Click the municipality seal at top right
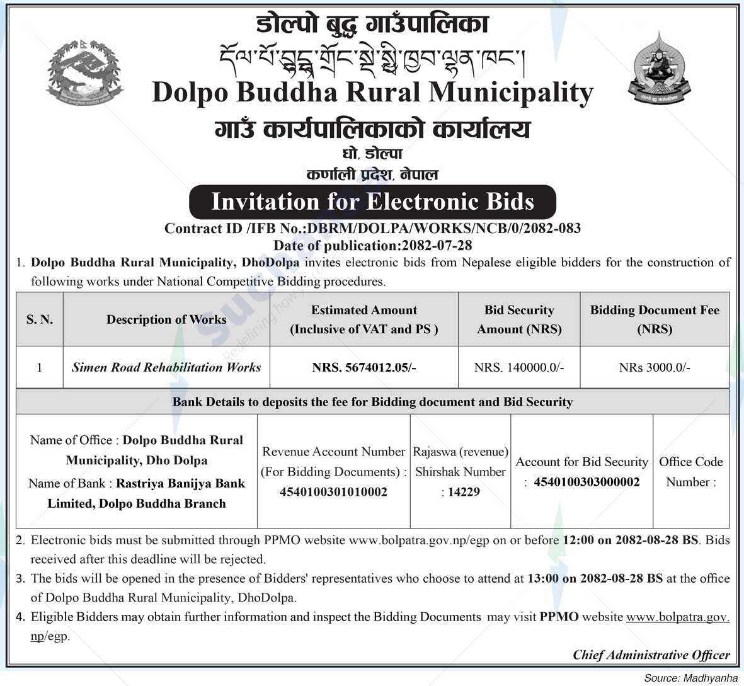click(x=658, y=67)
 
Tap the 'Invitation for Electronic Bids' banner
click(x=372, y=202)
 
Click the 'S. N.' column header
click(x=39, y=319)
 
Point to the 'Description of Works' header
click(x=166, y=319)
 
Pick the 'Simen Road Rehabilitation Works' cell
click(x=166, y=367)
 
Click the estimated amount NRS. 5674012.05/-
click(x=364, y=367)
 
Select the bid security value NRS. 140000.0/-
click(x=519, y=367)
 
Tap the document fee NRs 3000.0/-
click(x=655, y=367)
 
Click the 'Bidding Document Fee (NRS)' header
click(x=655, y=319)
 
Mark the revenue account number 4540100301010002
click(x=333, y=492)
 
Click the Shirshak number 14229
click(x=464, y=492)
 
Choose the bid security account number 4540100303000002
click(x=587, y=482)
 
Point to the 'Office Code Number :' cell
click(x=690, y=472)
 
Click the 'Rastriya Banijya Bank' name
click(x=180, y=483)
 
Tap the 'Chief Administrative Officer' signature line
click(x=651, y=655)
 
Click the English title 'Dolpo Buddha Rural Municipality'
click(x=372, y=92)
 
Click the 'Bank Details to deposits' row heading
click(x=372, y=401)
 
